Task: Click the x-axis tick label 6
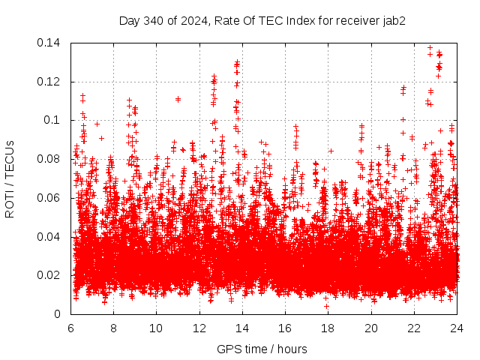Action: coord(70,328)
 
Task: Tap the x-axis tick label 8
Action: coord(113,328)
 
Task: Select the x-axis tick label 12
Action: coord(199,328)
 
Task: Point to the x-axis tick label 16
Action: coord(285,328)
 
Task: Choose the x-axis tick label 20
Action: coord(371,328)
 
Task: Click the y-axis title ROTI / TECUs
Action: coord(10,178)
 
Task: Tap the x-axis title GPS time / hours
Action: coord(263,349)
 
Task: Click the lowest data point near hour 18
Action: coord(326,306)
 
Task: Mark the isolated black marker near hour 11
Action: coord(178,99)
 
